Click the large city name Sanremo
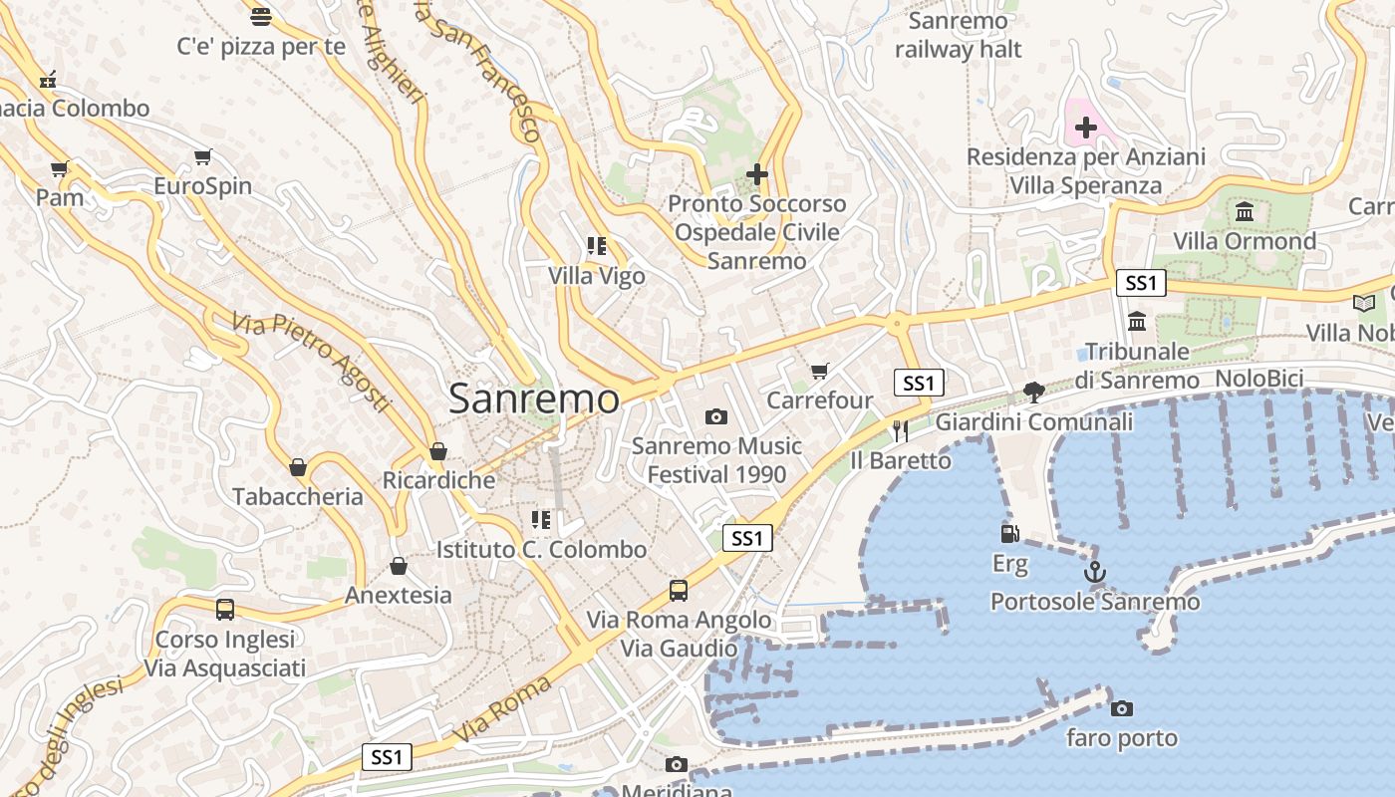tap(533, 398)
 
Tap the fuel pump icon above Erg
tap(1009, 534)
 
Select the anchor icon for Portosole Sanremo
tap(1094, 573)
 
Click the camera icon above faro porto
tap(1122, 708)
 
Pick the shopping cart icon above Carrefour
tap(819, 372)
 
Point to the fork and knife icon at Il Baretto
tap(901, 430)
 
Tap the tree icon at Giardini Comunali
tap(1033, 393)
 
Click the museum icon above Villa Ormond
tap(1245, 211)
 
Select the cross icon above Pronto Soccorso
tap(756, 175)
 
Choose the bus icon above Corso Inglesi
tap(225, 609)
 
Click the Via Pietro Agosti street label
tap(311, 361)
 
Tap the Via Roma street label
tap(502, 709)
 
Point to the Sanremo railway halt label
tap(958, 35)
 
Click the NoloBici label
tap(1259, 379)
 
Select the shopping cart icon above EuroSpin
tap(203, 156)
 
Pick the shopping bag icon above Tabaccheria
tap(297, 466)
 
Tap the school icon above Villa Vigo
tap(597, 246)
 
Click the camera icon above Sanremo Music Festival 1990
tap(715, 416)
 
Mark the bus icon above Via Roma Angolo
tap(679, 591)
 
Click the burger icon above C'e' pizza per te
tap(261, 16)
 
